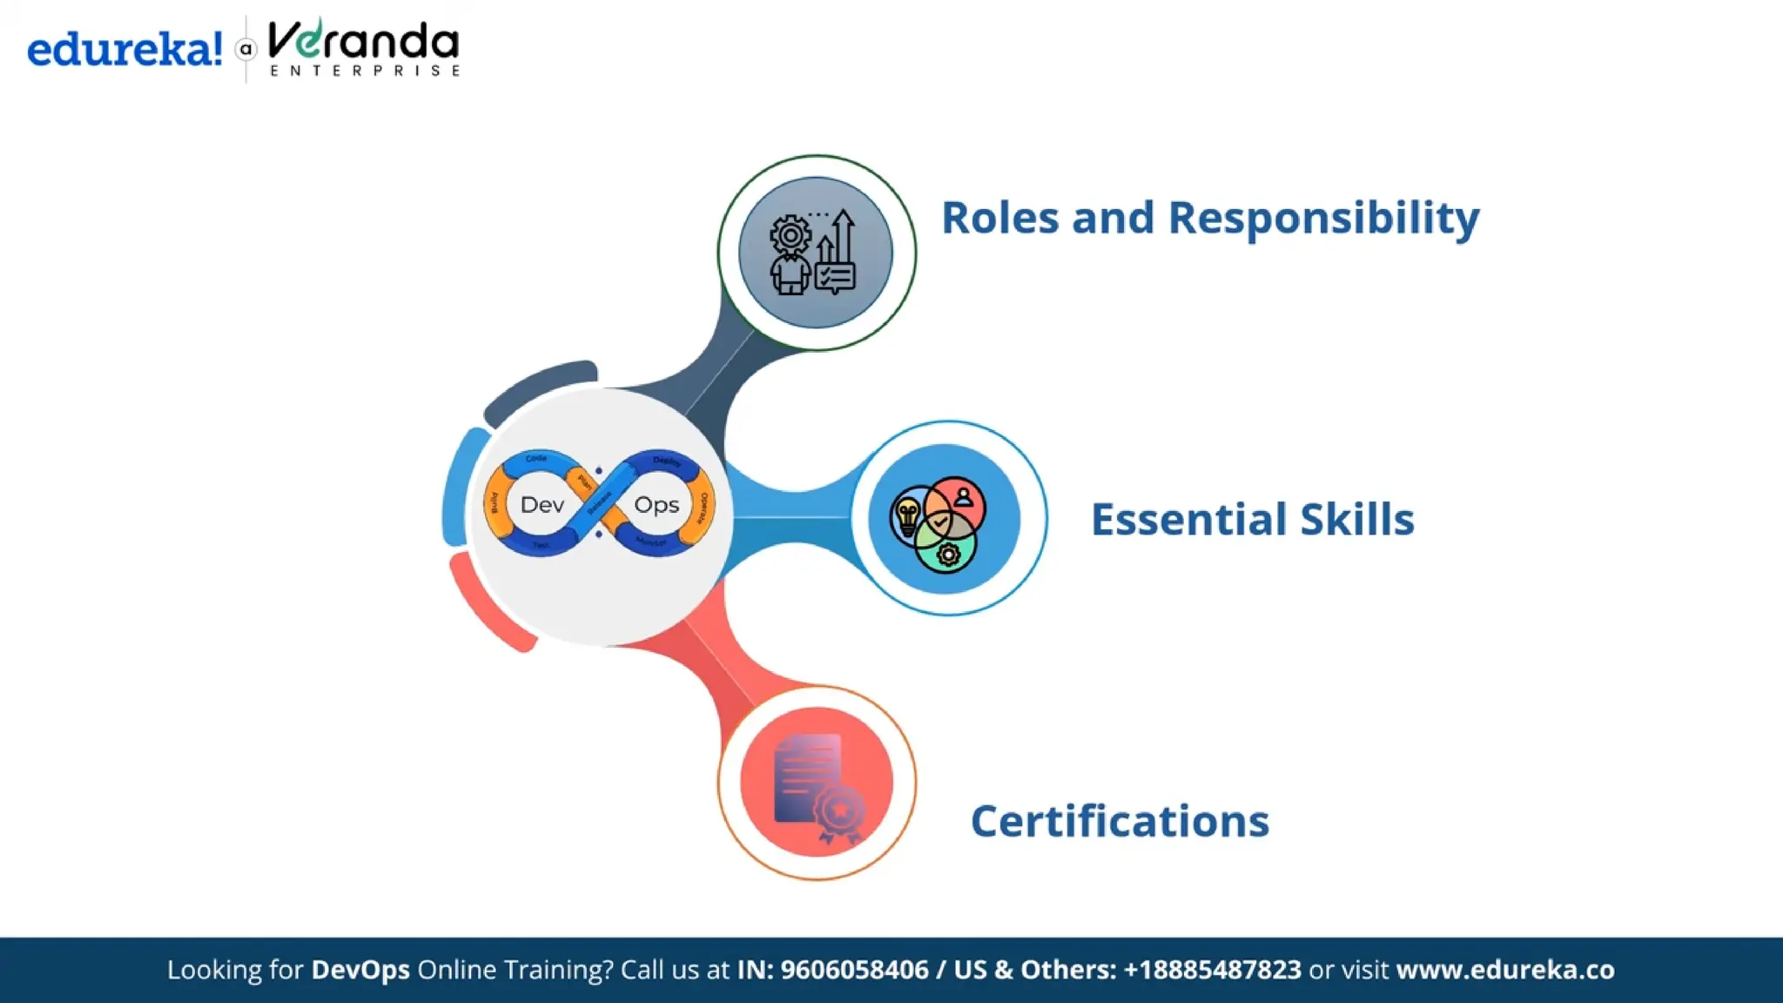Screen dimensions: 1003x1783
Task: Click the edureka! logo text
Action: pyautogui.click(x=124, y=50)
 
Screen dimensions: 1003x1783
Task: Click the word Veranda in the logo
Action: pyautogui.click(x=363, y=42)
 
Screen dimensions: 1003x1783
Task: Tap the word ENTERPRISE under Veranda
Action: pyautogui.click(x=365, y=71)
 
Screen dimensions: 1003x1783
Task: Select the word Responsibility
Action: pyautogui.click(x=1323, y=218)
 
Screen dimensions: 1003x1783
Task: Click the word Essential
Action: pyautogui.click(x=1188, y=520)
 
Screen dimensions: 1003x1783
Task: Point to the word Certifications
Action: pyautogui.click(x=1120, y=821)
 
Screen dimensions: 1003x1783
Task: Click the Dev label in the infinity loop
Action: pyautogui.click(x=542, y=505)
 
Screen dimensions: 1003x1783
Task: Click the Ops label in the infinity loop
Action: pyautogui.click(x=656, y=505)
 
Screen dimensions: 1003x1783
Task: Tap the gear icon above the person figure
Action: pyautogui.click(x=791, y=235)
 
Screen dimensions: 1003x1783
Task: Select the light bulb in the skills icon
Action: pyautogui.click(x=907, y=515)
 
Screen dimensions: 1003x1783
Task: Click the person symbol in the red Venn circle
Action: pyautogui.click(x=963, y=497)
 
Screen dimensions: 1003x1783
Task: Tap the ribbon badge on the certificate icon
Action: pyautogui.click(x=840, y=813)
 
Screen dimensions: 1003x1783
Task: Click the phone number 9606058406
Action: pyautogui.click(x=854, y=970)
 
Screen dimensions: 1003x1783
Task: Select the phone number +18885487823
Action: pyautogui.click(x=1212, y=970)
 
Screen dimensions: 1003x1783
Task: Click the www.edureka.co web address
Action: pyautogui.click(x=1505, y=970)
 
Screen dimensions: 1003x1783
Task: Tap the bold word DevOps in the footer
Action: pyautogui.click(x=360, y=970)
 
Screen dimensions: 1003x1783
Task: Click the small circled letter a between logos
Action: pyautogui.click(x=246, y=50)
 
